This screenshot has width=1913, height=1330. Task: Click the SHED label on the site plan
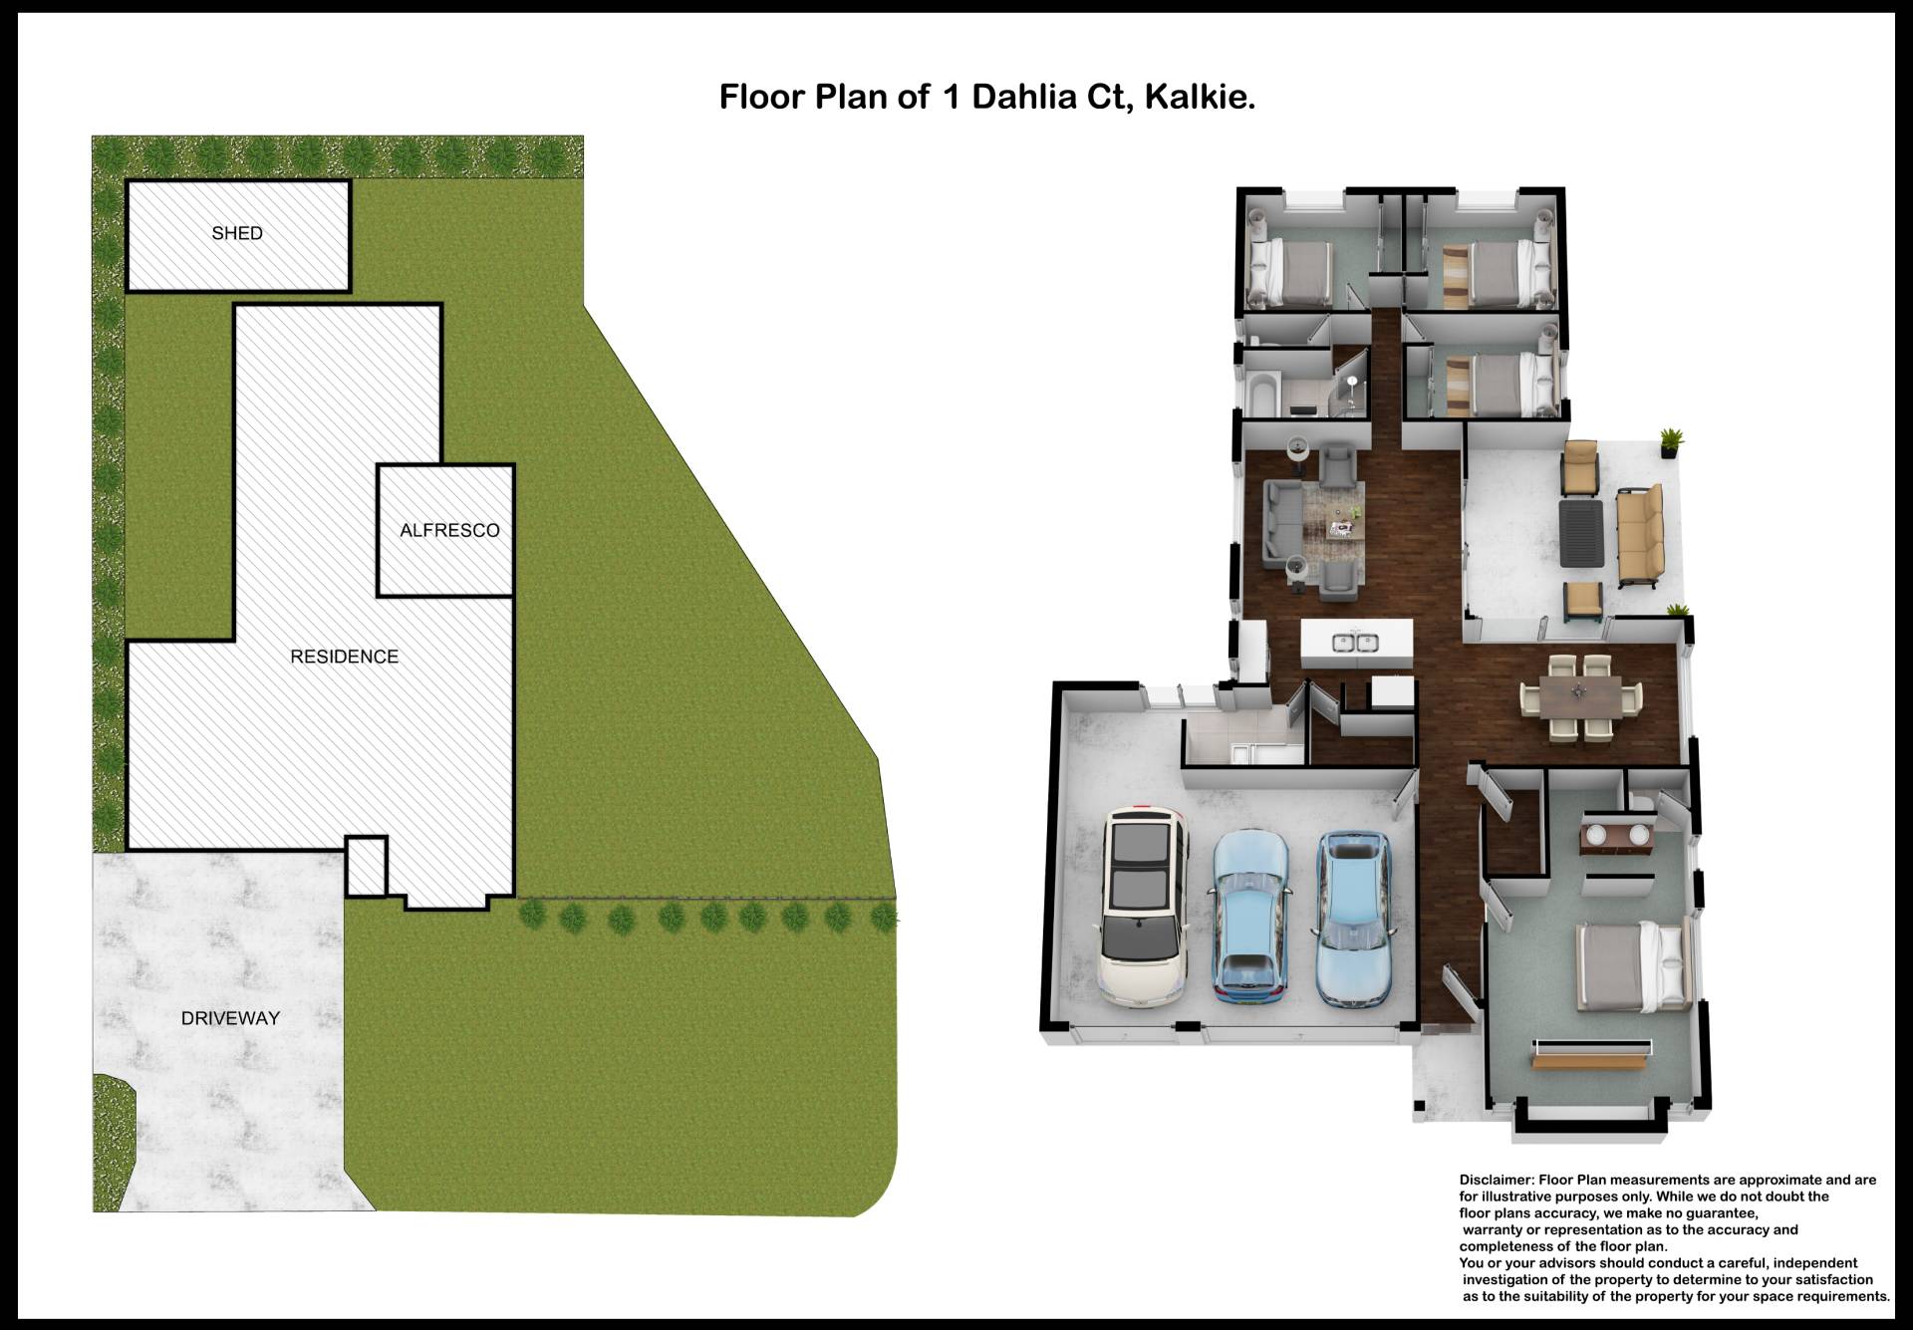(x=237, y=233)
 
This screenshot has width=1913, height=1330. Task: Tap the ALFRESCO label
(x=449, y=530)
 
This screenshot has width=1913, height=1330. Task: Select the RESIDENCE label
(x=344, y=657)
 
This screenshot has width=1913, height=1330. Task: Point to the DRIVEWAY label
(x=230, y=1018)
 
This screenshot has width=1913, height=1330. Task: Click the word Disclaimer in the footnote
(x=1497, y=1180)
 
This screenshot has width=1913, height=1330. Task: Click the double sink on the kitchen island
(x=1355, y=643)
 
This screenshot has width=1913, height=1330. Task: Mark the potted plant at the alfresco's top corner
(x=1671, y=441)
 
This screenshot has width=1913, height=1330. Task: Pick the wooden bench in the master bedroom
(x=1591, y=1062)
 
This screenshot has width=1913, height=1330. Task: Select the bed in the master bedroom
(x=1632, y=964)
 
